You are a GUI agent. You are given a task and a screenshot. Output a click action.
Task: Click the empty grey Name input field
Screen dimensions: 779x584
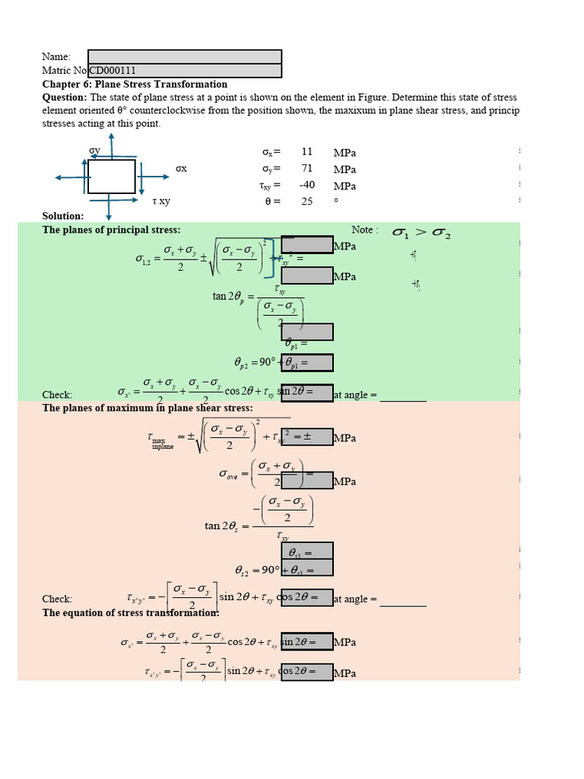click(x=185, y=57)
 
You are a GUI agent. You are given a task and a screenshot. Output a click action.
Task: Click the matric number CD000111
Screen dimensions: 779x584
click(x=114, y=72)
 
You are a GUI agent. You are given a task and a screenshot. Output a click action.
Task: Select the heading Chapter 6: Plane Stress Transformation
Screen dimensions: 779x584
click(x=135, y=84)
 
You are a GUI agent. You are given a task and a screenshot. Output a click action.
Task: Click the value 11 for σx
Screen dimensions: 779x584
click(x=307, y=152)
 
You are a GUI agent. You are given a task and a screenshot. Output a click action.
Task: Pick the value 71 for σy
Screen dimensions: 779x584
click(x=307, y=169)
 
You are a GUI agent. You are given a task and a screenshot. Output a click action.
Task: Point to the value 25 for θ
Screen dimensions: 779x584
click(x=307, y=202)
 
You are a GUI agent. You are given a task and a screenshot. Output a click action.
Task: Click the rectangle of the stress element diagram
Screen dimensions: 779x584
click(x=112, y=176)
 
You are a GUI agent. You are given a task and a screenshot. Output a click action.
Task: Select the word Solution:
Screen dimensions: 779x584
click(x=62, y=216)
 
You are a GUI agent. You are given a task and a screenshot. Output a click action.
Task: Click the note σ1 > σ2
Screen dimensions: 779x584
click(x=421, y=234)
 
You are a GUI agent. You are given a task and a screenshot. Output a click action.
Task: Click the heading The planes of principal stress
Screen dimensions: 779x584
click(x=111, y=230)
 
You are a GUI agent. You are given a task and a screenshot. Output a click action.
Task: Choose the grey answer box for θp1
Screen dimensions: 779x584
click(x=307, y=332)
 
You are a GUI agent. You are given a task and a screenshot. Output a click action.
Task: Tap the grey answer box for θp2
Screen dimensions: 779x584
click(x=307, y=363)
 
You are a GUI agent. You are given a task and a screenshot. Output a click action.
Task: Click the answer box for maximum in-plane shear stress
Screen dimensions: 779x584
click(x=307, y=437)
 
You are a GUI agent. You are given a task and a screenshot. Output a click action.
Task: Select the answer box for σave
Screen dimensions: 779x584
click(x=307, y=481)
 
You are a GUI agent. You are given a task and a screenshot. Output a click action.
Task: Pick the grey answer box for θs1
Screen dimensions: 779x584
click(x=307, y=551)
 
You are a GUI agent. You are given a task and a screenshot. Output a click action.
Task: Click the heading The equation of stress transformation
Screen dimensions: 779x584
click(x=131, y=613)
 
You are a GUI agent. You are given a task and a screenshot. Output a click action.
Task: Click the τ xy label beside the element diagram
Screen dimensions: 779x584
click(x=161, y=202)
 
